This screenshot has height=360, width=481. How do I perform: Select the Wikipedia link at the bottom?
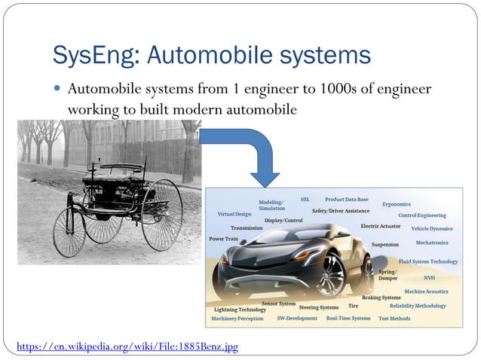pyautogui.click(x=127, y=347)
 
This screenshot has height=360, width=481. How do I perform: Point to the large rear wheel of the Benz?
pyautogui.click(x=161, y=214)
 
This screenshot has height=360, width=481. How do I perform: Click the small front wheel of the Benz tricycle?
pyautogui.click(x=69, y=233)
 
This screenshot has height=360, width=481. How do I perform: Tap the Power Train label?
pyautogui.click(x=223, y=239)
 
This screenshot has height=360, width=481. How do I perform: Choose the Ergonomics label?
pyautogui.click(x=397, y=204)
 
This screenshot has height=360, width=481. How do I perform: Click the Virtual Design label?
pyautogui.click(x=234, y=214)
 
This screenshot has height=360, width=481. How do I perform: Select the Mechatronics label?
pyautogui.click(x=432, y=243)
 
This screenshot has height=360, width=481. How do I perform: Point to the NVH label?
pyautogui.click(x=429, y=277)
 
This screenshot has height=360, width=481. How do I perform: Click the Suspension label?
pyautogui.click(x=385, y=245)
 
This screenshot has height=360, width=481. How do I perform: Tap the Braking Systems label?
pyautogui.click(x=381, y=297)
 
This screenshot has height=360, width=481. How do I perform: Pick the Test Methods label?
pyautogui.click(x=394, y=319)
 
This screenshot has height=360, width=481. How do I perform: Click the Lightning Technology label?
pyautogui.click(x=240, y=310)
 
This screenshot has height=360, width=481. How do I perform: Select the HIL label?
pyautogui.click(x=305, y=200)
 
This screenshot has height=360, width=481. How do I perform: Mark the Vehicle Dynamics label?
pyautogui.click(x=432, y=228)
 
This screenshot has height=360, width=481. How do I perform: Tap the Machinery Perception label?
pyautogui.click(x=237, y=319)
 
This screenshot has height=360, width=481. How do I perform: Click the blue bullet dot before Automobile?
pyautogui.click(x=58, y=90)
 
